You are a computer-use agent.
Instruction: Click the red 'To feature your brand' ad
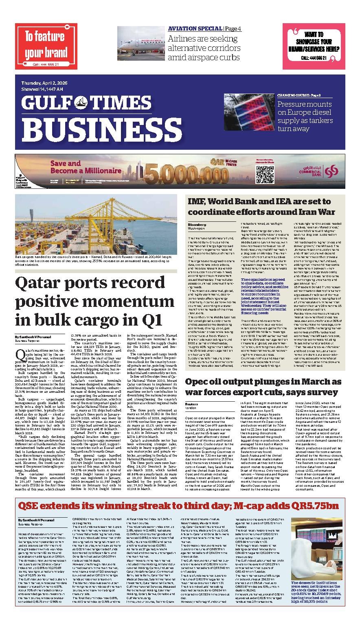click(46, 46)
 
